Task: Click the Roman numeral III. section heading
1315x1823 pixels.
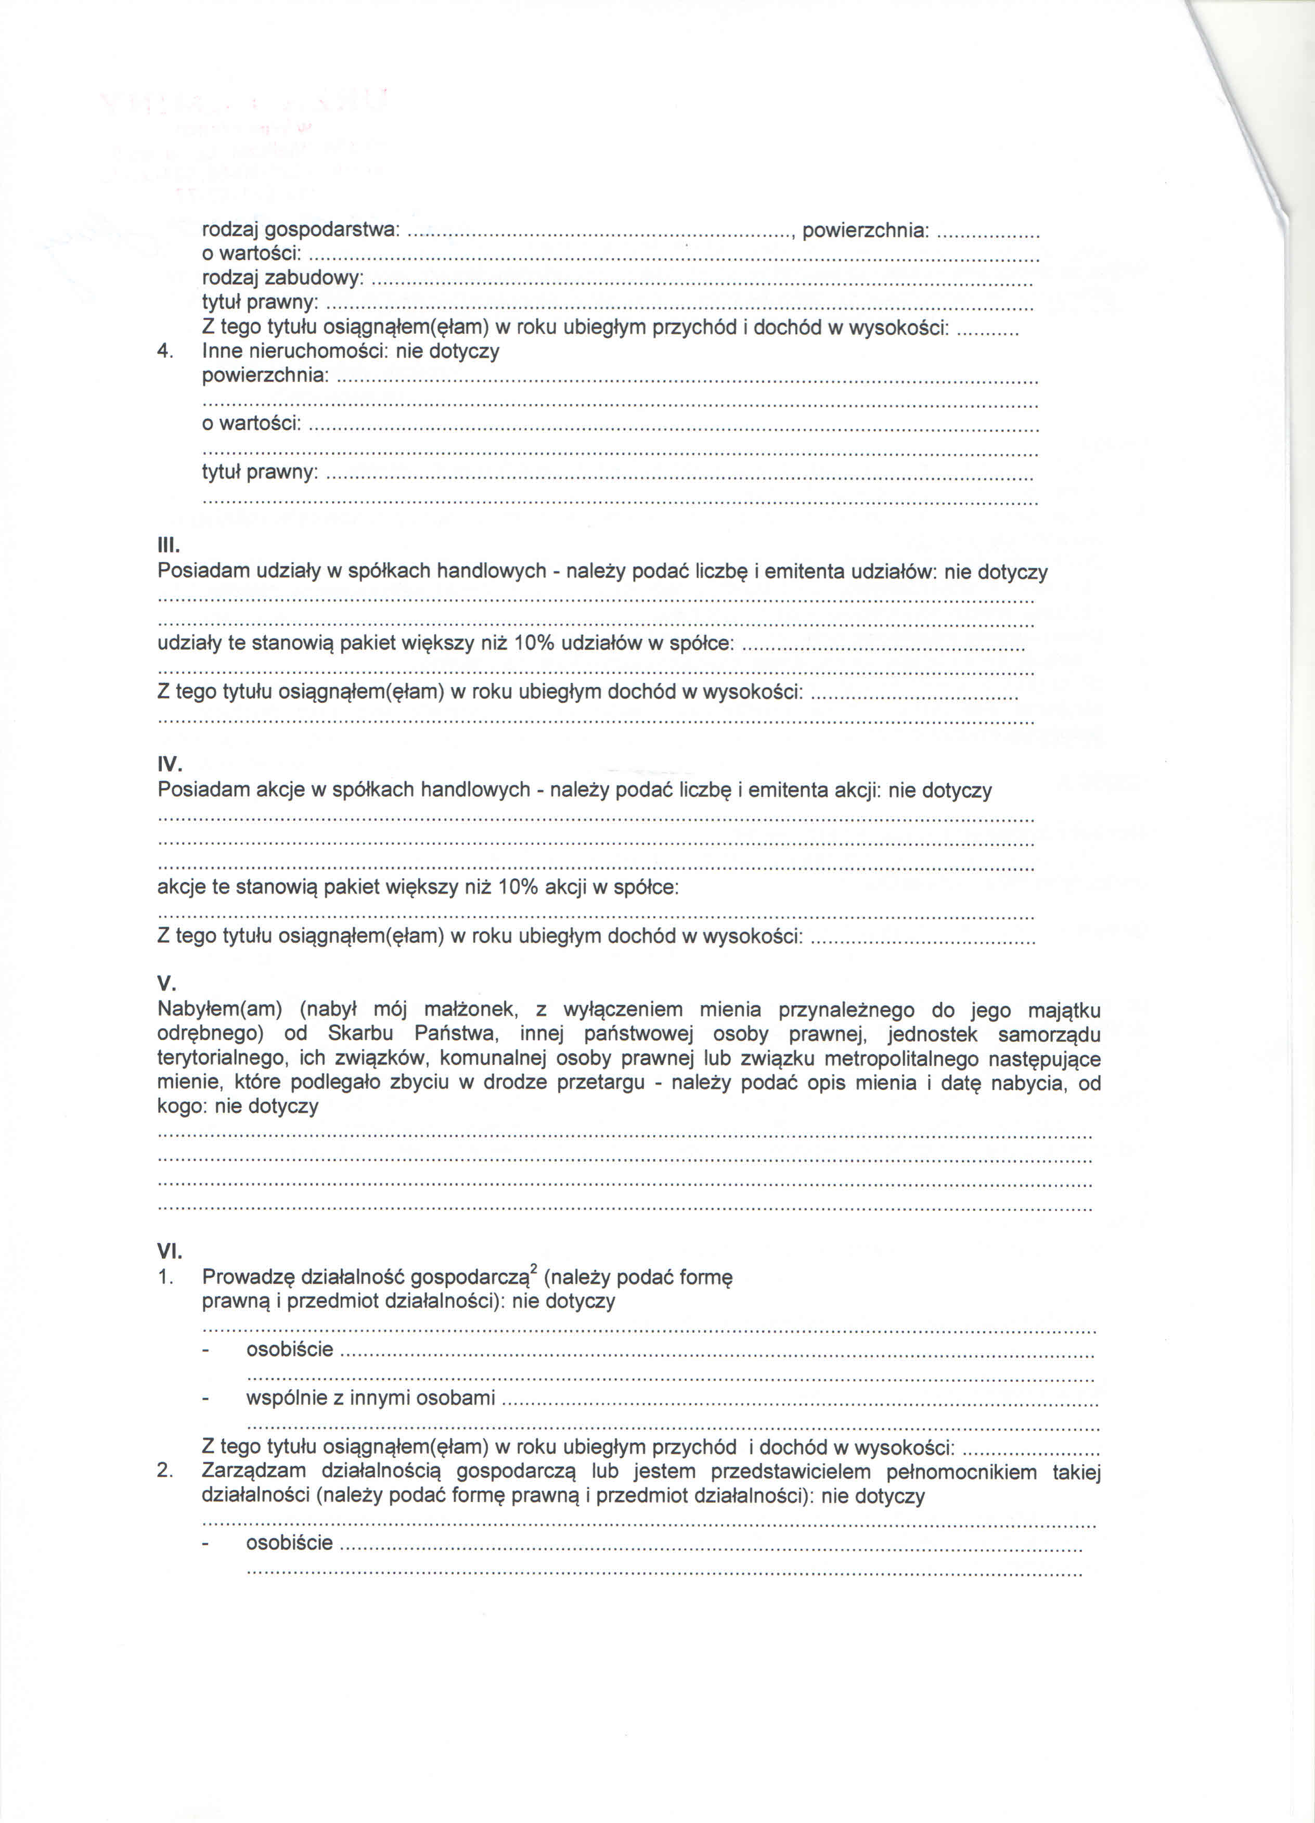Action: pos(169,547)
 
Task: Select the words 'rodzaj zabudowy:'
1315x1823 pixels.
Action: pos(282,278)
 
